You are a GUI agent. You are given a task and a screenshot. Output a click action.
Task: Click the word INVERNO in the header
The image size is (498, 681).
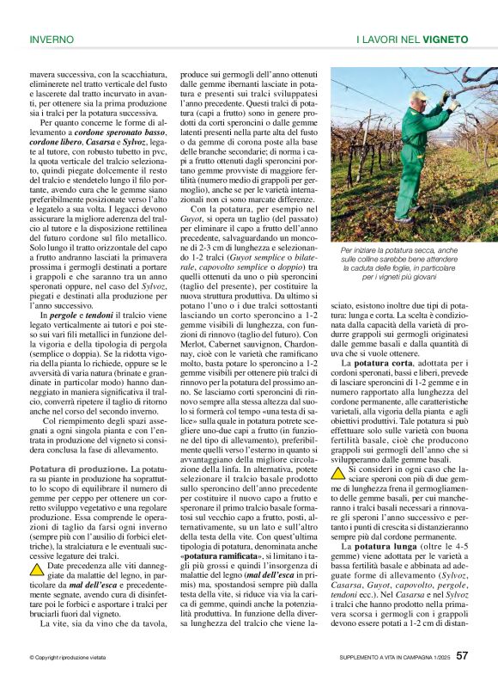pos(52,40)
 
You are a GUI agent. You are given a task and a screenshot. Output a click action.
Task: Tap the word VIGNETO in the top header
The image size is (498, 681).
pos(446,40)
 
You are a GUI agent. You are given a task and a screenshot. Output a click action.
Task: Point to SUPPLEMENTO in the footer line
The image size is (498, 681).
pos(360,658)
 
